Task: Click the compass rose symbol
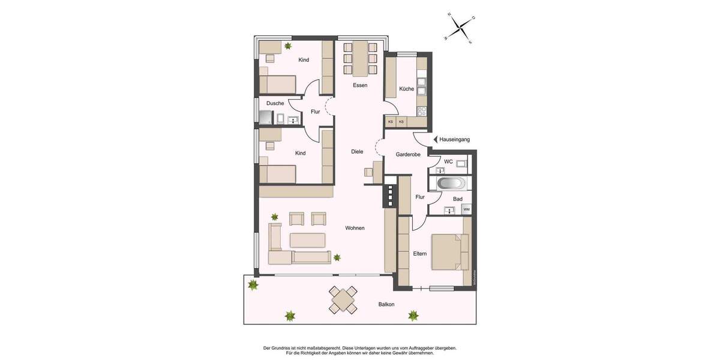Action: tap(459, 27)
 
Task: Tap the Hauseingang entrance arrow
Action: tap(435, 139)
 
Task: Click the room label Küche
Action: tap(406, 89)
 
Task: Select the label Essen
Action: tap(360, 85)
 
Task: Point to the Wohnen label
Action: tap(355, 228)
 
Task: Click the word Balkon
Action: tap(386, 304)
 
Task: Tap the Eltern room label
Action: tap(420, 254)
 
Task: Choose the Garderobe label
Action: tap(407, 154)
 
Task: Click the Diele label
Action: tap(357, 152)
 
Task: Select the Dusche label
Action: tap(275, 103)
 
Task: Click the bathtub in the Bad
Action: tap(449, 183)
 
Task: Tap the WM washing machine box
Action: tap(466, 209)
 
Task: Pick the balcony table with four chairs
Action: tap(343, 299)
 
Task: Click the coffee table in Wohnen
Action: tap(308, 240)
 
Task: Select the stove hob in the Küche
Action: tap(422, 110)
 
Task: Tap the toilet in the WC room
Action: tap(461, 163)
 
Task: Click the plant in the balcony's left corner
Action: tap(253, 285)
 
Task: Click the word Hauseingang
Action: tap(454, 139)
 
